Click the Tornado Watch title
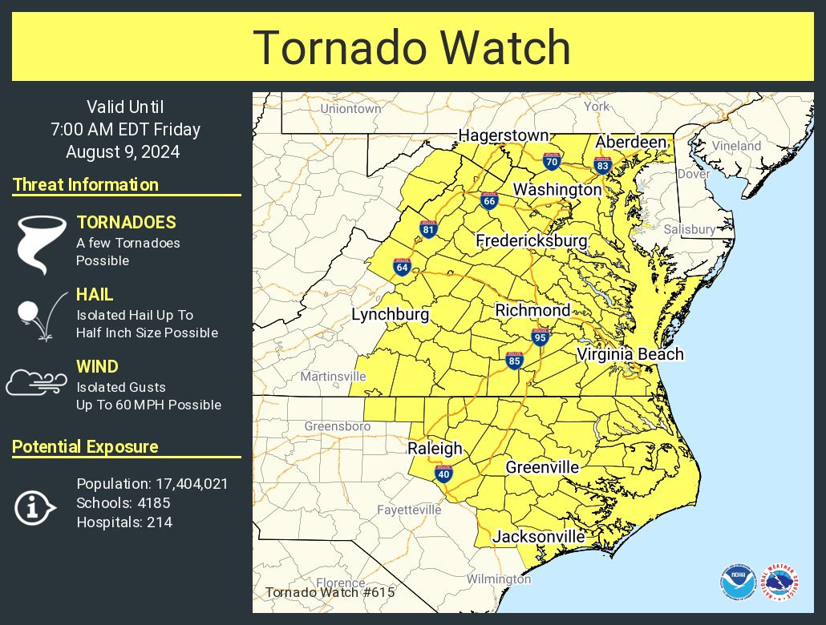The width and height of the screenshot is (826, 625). [412, 47]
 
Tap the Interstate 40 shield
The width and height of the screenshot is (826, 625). [443, 474]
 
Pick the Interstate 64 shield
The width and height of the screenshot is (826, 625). [402, 267]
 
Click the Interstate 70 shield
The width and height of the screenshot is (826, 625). [551, 161]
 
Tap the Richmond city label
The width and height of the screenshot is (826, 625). [532, 310]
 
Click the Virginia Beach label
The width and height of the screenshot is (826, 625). [630, 354]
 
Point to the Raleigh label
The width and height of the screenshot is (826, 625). [435, 449]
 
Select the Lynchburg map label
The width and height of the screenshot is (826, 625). [391, 315]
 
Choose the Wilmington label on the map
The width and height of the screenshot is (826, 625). [498, 579]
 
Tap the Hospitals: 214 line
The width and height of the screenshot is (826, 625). [124, 522]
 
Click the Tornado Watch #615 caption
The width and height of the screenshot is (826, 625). [317, 593]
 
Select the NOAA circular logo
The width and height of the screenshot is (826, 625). [737, 583]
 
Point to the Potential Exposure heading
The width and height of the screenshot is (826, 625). [85, 447]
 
